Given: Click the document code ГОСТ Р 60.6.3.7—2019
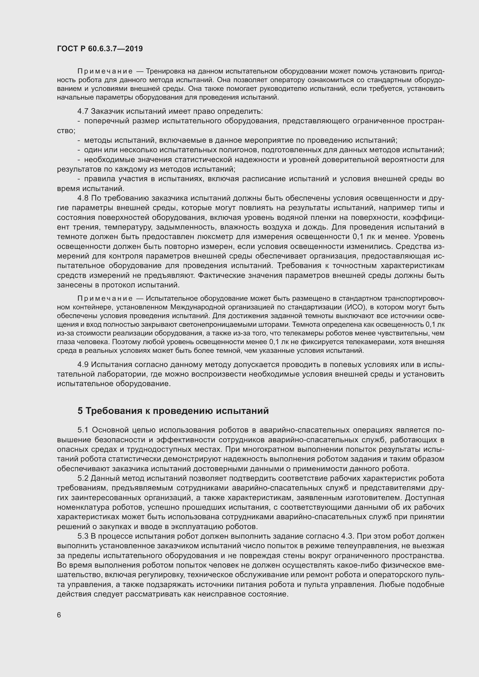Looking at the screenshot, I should [x=100, y=49].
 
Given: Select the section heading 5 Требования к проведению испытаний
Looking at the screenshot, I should [x=173, y=411].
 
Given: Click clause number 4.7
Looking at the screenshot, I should [x=83, y=111].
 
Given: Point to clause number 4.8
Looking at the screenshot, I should [x=83, y=198].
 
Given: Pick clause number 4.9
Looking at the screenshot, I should [x=83, y=364].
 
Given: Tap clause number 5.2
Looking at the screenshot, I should [x=83, y=478].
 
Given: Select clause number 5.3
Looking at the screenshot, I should [x=83, y=536].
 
